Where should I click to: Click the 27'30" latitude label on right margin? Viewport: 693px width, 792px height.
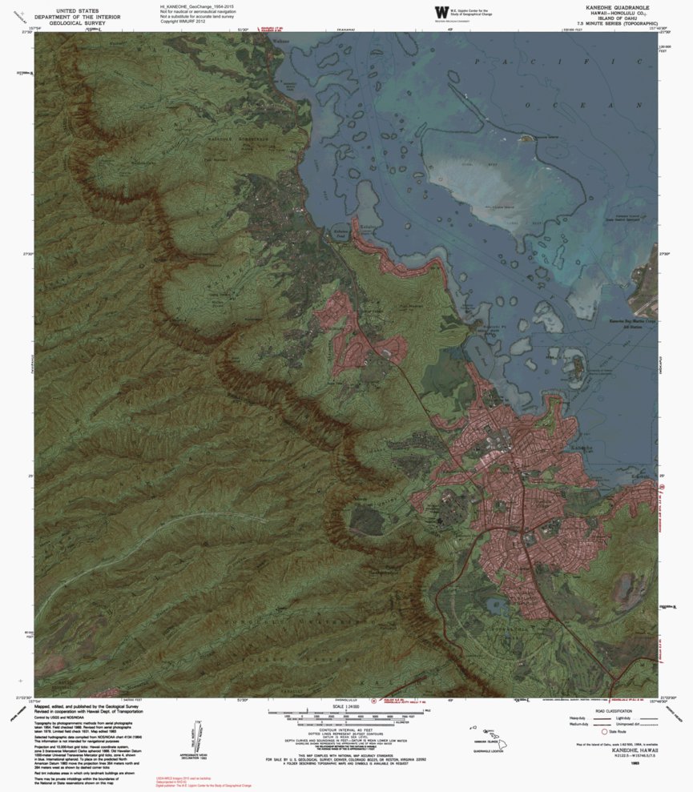664,255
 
